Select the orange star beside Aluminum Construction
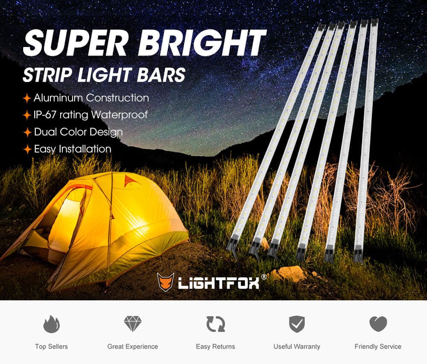(27, 99)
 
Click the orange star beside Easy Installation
(27, 150)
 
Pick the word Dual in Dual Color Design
(45, 132)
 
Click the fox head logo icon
(166, 282)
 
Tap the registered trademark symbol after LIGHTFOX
(264, 277)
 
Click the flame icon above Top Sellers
(51, 324)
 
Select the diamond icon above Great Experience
(132, 324)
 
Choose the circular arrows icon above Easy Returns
(215, 324)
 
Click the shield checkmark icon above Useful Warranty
(297, 324)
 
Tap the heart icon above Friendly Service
(378, 324)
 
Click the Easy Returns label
(215, 346)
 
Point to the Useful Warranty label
(297, 346)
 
